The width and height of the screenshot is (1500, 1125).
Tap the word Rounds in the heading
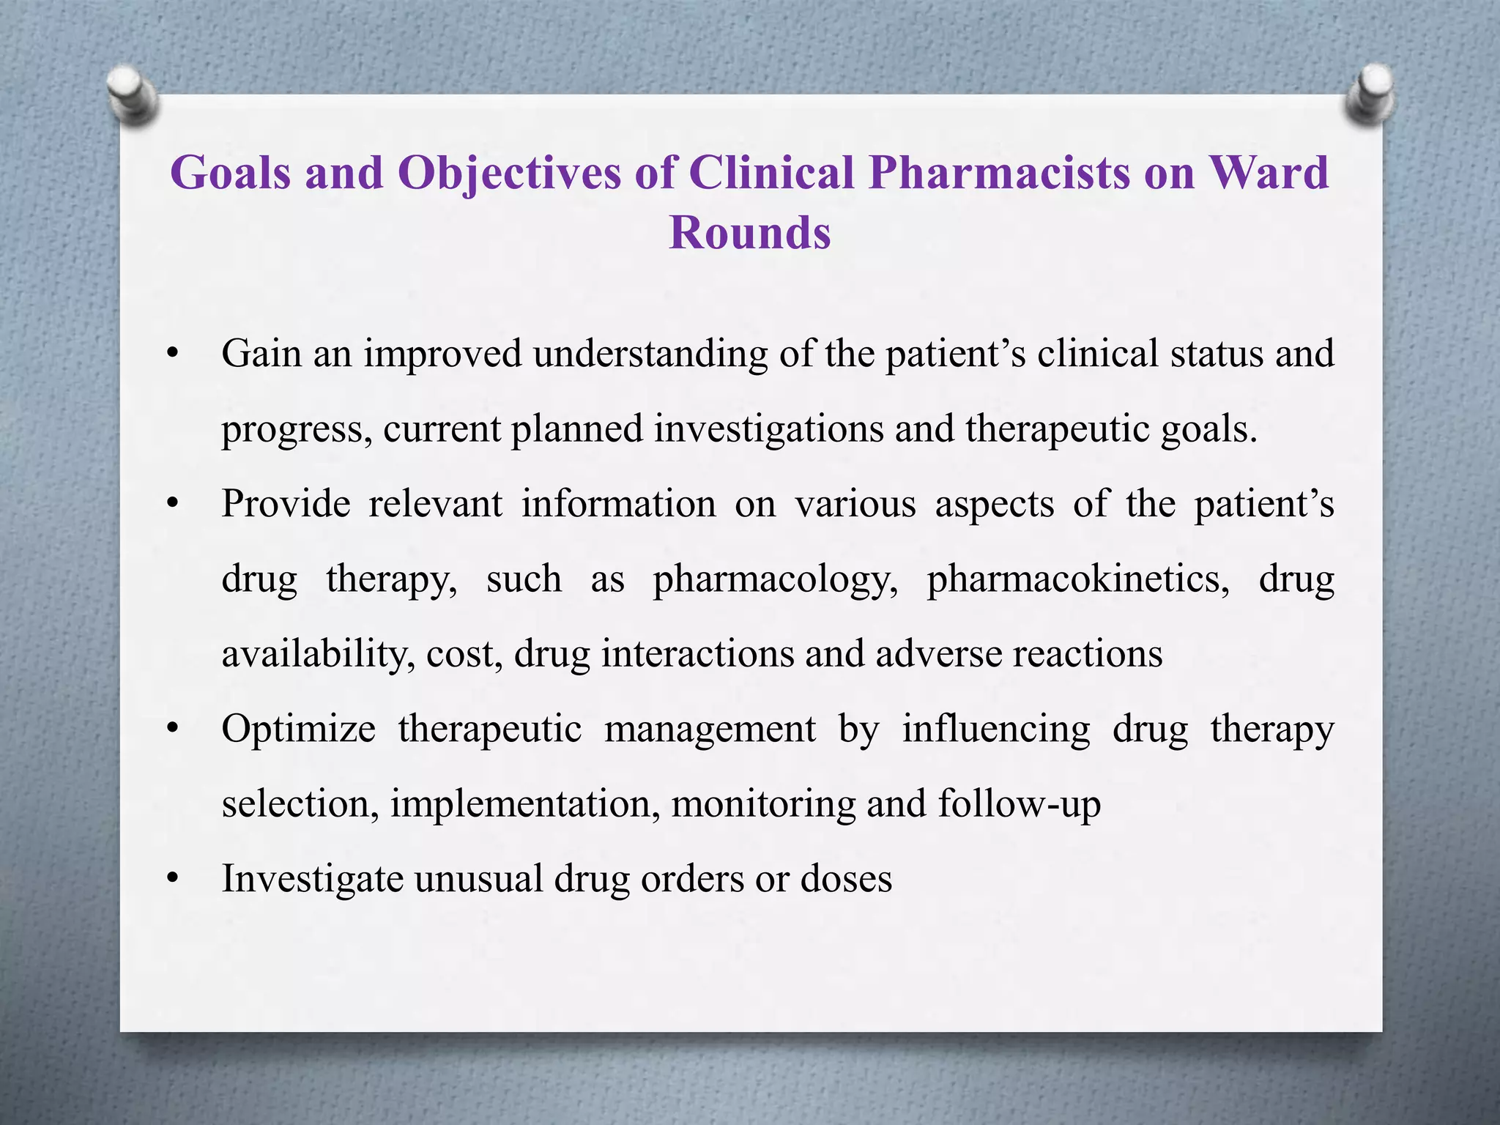pyautogui.click(x=750, y=233)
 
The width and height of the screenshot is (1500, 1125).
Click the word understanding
pyautogui.click(x=650, y=354)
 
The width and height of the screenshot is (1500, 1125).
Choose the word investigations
pyautogui.click(x=768, y=429)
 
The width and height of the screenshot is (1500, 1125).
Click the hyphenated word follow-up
pyautogui.click(x=1019, y=804)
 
